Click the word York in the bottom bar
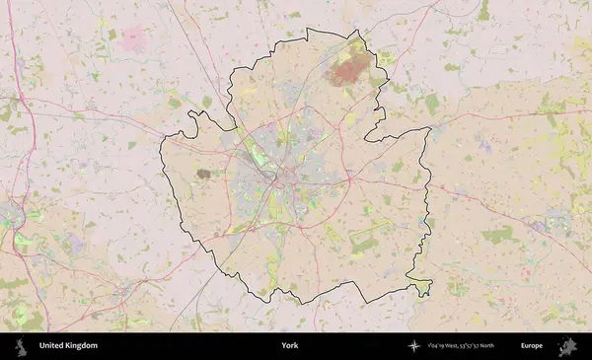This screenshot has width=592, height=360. [289, 346]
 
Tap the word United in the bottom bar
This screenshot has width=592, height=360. [52, 346]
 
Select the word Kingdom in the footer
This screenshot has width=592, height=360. [82, 346]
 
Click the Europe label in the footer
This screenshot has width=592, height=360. [532, 346]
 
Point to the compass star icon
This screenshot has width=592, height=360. [413, 346]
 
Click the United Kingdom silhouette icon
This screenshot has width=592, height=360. [20, 346]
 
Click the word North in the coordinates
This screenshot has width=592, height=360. [496, 346]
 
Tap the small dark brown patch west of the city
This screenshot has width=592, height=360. [203, 174]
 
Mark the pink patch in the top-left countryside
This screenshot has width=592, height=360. [133, 40]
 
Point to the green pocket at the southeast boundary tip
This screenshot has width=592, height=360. [422, 287]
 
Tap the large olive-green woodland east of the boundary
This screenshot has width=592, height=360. [497, 235]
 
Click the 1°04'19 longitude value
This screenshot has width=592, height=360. [436, 346]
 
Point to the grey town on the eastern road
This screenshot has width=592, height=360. [542, 226]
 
